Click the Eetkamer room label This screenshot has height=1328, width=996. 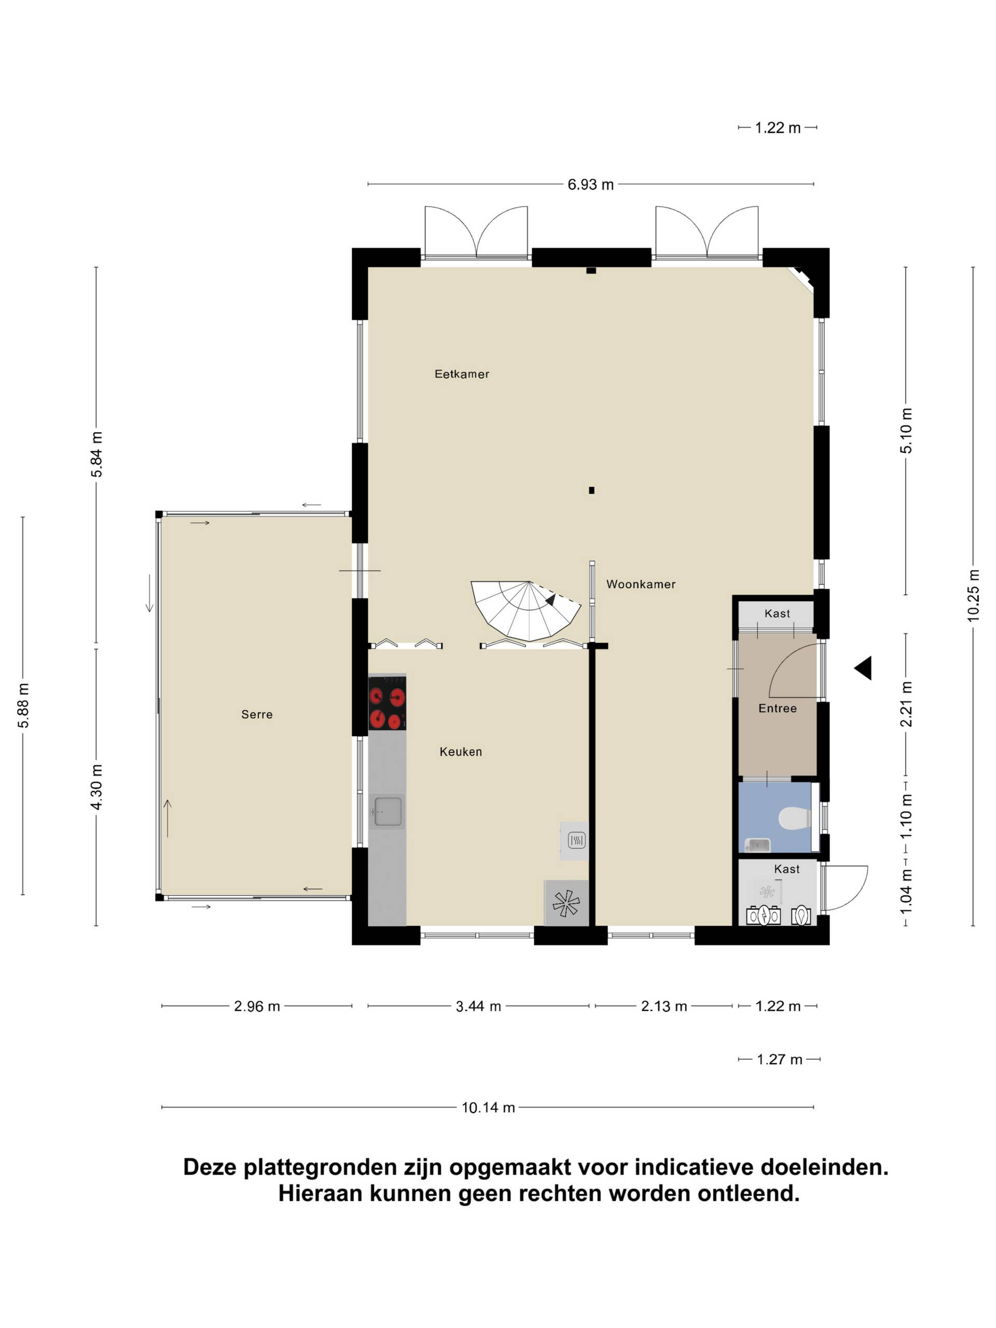[x=462, y=374]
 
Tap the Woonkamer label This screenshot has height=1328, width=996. [x=641, y=584]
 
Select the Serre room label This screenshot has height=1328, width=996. [x=257, y=714]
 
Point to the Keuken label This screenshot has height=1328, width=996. [x=461, y=752]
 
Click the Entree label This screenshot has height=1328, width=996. [x=778, y=709]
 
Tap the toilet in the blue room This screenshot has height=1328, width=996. [x=794, y=818]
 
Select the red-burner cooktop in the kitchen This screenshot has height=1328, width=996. [x=387, y=703]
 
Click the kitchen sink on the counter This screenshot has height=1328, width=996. [x=387, y=812]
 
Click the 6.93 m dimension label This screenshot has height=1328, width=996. [x=591, y=185]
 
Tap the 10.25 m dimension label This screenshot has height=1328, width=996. [x=973, y=596]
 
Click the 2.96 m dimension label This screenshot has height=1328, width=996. [x=257, y=1006]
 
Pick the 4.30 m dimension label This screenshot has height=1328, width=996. [x=96, y=787]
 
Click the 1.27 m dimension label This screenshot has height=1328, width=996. [x=779, y=1060]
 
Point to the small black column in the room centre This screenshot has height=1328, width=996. [x=591, y=491]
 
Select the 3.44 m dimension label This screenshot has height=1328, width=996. [x=478, y=1006]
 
